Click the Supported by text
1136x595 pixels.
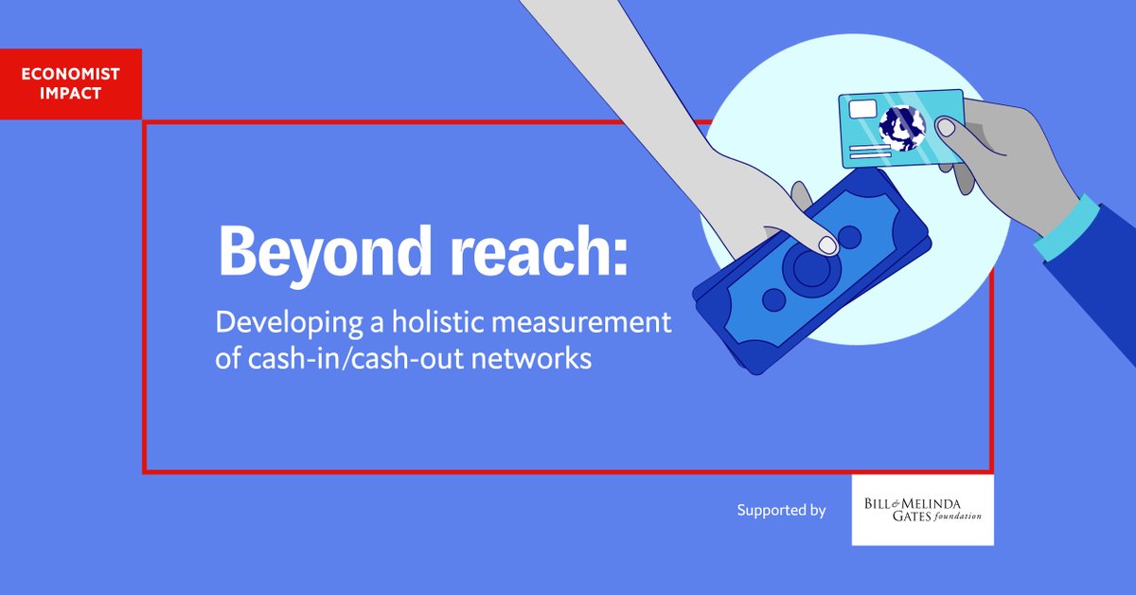click(781, 511)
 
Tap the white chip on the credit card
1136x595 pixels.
click(862, 109)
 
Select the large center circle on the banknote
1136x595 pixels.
click(810, 267)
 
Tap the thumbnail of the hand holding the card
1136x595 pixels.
click(946, 127)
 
